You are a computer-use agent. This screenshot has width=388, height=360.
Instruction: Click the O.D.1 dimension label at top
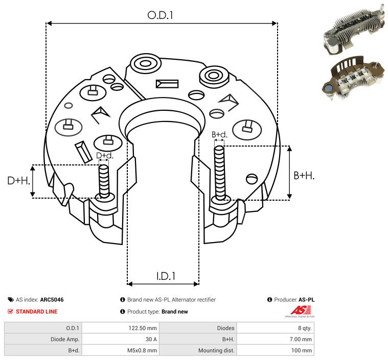point(161,15)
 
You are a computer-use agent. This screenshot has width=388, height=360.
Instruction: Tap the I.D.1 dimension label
point(166,276)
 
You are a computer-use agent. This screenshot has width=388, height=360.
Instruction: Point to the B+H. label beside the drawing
point(304,175)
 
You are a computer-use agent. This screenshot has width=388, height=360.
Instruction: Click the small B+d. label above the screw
point(219,135)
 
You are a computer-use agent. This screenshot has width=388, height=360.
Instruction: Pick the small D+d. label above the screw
point(104,155)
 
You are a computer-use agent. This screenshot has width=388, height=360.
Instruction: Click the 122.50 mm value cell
point(146,328)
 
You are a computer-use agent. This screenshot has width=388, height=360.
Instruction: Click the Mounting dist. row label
point(216,350)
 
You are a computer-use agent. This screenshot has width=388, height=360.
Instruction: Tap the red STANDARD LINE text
point(36,311)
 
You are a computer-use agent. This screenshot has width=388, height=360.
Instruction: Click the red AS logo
point(299,310)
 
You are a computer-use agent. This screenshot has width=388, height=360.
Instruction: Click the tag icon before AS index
point(11,300)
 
